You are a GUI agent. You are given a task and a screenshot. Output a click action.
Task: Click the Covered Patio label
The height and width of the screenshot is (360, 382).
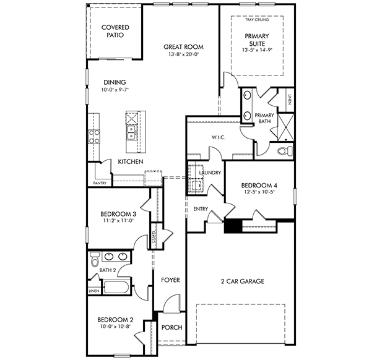point(115,31)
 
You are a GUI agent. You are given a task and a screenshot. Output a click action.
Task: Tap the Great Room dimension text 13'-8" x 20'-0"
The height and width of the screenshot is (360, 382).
point(184,54)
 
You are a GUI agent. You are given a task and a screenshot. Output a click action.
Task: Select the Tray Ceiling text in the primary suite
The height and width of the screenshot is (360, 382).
point(257,20)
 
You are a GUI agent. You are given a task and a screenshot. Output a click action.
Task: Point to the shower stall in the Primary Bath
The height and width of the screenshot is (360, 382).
point(286,127)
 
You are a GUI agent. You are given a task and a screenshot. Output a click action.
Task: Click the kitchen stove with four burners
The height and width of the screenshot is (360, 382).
point(94,137)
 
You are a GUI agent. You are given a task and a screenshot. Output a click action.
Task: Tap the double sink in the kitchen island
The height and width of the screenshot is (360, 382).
point(131,132)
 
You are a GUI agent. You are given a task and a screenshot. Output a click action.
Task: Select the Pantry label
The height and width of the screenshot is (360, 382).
point(100,183)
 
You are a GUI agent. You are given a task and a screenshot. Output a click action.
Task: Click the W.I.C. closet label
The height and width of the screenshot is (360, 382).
point(219,137)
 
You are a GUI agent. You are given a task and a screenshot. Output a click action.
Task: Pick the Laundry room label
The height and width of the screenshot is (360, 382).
point(210,173)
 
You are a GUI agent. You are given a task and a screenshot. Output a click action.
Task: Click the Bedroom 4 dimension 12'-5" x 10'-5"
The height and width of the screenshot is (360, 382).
point(259,192)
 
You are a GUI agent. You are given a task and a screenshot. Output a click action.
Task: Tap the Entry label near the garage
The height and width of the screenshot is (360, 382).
point(201,209)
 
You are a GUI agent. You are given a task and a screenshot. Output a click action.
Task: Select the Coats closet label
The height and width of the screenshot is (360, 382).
point(154,236)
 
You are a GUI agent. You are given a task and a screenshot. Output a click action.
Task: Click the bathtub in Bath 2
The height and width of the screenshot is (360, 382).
point(116,288)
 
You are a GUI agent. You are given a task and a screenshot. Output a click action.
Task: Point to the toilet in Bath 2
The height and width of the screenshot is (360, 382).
point(95,259)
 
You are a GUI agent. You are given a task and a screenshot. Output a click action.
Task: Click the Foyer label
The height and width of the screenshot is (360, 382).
point(170,280)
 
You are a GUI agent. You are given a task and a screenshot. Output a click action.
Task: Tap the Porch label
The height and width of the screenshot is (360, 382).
point(172,327)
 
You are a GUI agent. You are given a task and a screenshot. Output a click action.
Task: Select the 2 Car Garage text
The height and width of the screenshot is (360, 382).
point(243,281)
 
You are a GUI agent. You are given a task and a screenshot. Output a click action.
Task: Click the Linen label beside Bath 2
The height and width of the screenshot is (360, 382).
point(94,291)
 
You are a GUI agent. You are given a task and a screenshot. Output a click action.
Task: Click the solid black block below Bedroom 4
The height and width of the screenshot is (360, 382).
point(233,226)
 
